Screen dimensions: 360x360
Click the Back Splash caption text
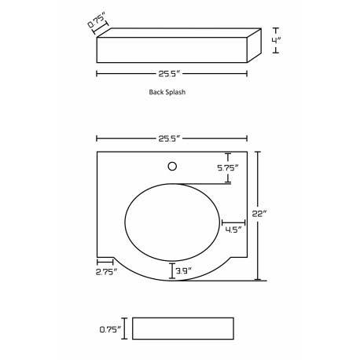tap(167, 92)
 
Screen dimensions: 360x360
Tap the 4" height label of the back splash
tap(288, 41)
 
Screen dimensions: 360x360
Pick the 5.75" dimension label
tap(228, 167)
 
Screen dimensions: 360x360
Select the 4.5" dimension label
tap(233, 230)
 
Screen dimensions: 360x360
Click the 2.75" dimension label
tap(105, 272)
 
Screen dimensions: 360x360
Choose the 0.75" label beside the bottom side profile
tap(110, 330)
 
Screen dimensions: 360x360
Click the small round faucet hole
tap(174, 166)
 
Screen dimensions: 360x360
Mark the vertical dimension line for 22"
tap(259, 216)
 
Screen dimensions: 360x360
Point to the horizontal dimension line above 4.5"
tap(233, 222)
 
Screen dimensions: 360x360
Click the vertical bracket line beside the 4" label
tap(275, 41)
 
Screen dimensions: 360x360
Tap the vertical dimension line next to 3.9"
tap(171, 272)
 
